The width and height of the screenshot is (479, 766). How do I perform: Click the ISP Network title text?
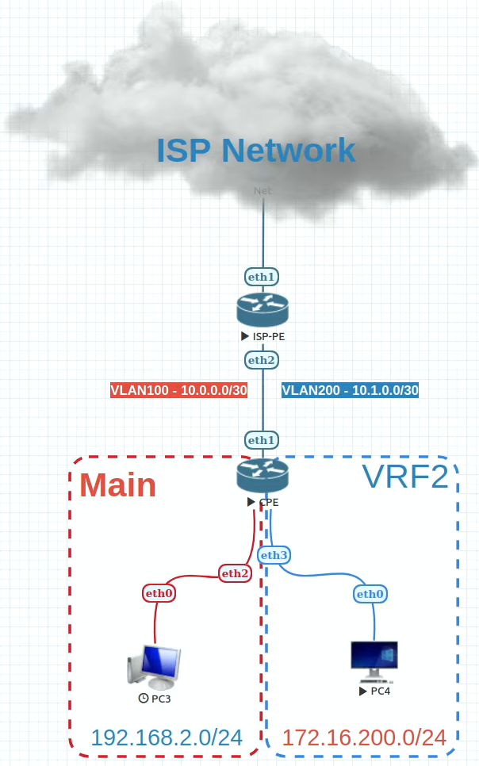(x=255, y=150)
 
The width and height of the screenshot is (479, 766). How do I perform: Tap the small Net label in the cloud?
(x=262, y=190)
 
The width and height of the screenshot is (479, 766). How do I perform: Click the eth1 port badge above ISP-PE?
(x=262, y=277)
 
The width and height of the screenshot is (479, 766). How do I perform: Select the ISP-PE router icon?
(x=262, y=309)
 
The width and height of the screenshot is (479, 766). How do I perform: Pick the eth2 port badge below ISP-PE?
(x=262, y=360)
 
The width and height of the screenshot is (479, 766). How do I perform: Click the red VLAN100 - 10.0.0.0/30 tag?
(x=178, y=390)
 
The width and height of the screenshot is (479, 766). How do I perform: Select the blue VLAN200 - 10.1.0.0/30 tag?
(x=350, y=390)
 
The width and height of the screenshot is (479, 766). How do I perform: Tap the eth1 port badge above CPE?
(x=262, y=439)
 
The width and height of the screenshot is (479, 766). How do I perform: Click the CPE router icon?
(x=262, y=474)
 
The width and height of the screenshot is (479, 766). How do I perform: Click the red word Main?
(x=117, y=484)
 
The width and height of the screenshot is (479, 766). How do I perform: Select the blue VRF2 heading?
(x=404, y=477)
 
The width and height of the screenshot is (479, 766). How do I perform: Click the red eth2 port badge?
(x=235, y=573)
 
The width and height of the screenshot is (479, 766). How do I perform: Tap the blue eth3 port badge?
(x=274, y=555)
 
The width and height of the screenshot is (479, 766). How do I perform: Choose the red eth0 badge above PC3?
(x=159, y=592)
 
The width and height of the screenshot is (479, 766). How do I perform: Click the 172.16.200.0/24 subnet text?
(x=364, y=737)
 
